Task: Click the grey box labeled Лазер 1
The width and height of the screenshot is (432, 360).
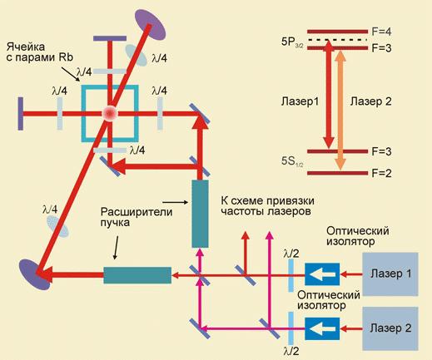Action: point(390,274)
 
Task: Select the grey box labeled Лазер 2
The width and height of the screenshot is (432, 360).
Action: point(390,328)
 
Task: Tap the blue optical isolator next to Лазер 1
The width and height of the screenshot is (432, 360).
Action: point(322,274)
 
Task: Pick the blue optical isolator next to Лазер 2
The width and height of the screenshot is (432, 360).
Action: point(322,328)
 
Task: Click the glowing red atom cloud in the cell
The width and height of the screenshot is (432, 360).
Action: point(110,113)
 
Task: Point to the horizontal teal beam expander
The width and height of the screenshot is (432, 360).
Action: point(137,275)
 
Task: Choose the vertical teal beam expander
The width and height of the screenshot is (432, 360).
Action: point(200,214)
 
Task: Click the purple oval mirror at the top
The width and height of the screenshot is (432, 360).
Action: point(150,25)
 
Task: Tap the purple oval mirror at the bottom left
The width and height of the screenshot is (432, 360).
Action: point(35,274)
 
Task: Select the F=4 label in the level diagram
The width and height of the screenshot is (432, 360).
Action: point(381,32)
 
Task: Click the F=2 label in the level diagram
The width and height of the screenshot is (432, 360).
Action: point(381,173)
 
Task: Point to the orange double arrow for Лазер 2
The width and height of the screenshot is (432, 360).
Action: point(340,111)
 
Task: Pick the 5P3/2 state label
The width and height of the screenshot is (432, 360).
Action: point(292,42)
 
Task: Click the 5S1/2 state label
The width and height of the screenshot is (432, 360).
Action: point(292,161)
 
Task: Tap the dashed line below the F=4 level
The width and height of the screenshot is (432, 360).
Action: point(337,40)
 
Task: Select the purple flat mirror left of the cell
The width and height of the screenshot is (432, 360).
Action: point(20,114)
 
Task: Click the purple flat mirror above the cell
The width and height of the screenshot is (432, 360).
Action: point(110,38)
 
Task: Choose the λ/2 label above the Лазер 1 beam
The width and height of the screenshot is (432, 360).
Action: point(291,254)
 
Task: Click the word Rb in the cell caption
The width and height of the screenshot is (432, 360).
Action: point(66,57)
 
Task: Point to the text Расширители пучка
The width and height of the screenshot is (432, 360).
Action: point(137,217)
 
